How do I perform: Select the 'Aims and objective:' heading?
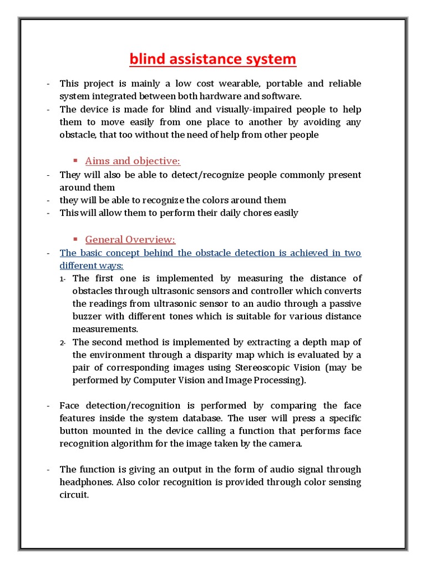coord(133,161)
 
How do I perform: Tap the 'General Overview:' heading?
coord(130,240)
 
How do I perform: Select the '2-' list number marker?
coord(63,343)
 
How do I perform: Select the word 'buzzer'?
coord(85,317)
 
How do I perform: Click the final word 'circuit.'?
coord(74,495)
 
